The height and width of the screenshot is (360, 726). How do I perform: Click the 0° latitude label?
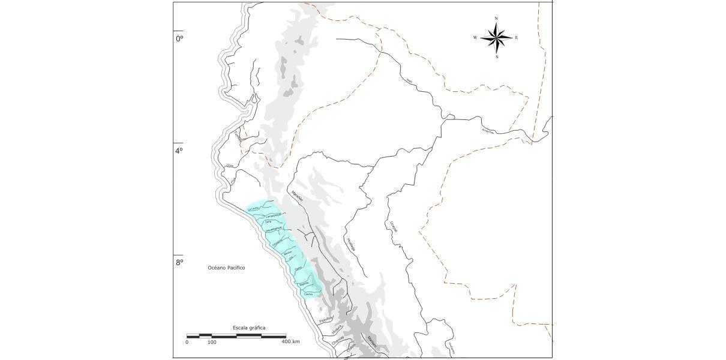pos(179,38)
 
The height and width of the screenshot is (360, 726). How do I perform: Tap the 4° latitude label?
pos(179,151)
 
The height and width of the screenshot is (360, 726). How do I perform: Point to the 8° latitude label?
pos(179,262)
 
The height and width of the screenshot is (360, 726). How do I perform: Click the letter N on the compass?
pos(496,19)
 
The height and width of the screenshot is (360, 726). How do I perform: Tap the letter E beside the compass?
pos(517,38)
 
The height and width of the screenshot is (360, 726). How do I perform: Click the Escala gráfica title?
pos(249,328)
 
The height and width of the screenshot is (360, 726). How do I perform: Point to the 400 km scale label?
pos(290,342)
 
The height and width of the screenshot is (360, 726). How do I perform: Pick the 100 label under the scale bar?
pos(212,342)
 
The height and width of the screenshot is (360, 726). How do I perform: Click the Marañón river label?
pos(296,194)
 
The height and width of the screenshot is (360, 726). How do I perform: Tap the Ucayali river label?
pos(394,228)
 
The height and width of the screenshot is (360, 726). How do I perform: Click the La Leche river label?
pos(253,208)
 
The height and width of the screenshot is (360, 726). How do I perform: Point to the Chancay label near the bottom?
pos(338,340)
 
